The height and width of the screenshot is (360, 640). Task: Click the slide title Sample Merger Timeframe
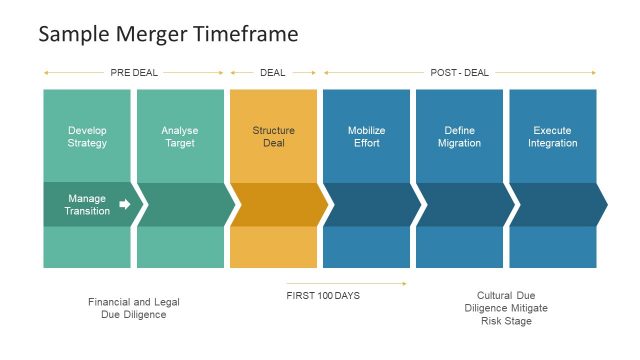click(x=168, y=34)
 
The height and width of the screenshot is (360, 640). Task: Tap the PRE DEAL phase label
click(x=133, y=72)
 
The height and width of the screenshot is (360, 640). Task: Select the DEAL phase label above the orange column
click(x=272, y=72)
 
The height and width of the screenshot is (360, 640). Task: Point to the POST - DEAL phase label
click(x=459, y=72)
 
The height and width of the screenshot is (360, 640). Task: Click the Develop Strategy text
click(x=87, y=137)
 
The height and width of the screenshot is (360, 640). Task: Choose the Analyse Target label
click(x=180, y=137)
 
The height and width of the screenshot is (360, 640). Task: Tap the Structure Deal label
click(x=273, y=137)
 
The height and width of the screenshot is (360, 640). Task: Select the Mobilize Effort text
click(x=366, y=137)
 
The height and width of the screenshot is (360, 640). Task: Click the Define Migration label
click(x=459, y=137)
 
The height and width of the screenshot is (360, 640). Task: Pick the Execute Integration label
click(x=552, y=137)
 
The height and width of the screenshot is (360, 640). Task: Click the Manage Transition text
click(x=87, y=204)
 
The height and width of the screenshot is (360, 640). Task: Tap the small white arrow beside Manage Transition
click(x=124, y=204)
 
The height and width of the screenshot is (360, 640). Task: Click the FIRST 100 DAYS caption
click(x=322, y=296)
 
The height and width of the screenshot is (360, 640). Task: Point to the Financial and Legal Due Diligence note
click(x=133, y=308)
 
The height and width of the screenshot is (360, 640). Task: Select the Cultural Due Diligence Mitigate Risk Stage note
click(x=506, y=308)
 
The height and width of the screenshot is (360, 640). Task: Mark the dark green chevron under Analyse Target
click(x=182, y=204)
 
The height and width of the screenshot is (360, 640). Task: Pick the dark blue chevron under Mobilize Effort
click(x=368, y=204)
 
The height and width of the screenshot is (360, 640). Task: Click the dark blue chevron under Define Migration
click(x=461, y=204)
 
